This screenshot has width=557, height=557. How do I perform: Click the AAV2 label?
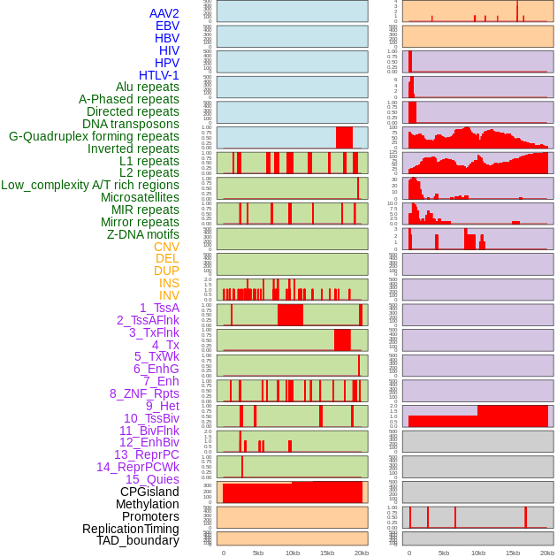click(x=164, y=13)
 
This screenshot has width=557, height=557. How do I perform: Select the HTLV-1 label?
click(x=159, y=75)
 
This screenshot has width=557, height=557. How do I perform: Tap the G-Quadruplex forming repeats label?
click(x=94, y=136)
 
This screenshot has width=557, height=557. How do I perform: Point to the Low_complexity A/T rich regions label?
click(x=90, y=185)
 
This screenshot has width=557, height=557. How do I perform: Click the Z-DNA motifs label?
click(x=143, y=234)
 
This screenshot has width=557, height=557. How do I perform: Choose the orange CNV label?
click(x=166, y=247)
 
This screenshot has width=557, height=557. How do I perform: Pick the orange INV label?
click(x=169, y=295)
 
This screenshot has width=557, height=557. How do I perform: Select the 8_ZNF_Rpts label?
click(x=144, y=393)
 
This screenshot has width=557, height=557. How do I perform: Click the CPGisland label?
click(x=149, y=492)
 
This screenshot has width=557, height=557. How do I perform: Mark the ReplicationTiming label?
click(x=131, y=529)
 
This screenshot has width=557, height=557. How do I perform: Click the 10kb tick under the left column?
click(x=292, y=553)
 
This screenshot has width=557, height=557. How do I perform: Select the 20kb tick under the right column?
click(x=547, y=553)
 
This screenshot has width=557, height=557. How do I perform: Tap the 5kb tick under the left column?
click(x=258, y=553)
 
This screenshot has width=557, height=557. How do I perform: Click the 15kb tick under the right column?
click(x=513, y=553)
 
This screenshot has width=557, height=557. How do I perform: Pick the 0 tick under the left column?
click(x=224, y=553)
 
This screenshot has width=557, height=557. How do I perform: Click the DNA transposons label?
click(x=131, y=124)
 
